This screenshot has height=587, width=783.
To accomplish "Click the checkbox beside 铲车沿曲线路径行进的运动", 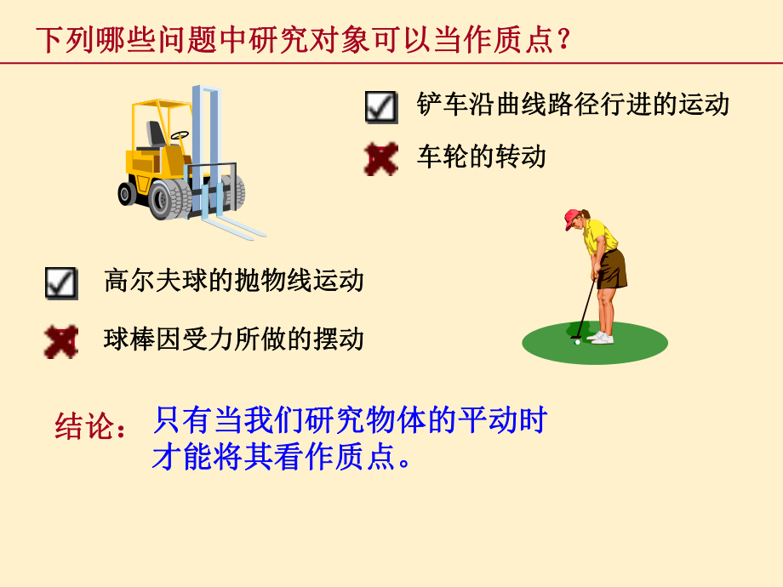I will pos(381,107).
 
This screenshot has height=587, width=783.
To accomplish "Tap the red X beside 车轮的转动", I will pos(381,158).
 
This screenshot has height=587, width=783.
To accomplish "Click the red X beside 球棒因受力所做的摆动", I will pos(61,341).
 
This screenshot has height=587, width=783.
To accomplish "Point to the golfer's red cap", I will pos(572,219).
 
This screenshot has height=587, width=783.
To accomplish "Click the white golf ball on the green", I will pos(578,342).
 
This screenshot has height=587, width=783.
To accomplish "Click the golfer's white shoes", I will pos(601,338).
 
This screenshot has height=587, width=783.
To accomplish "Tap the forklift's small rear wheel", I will pos(127,194).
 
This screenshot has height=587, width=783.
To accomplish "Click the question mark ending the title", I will pos(562,40).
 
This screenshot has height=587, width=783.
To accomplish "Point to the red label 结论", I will pos(84,426).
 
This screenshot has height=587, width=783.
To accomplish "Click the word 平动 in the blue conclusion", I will pos(488,421).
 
